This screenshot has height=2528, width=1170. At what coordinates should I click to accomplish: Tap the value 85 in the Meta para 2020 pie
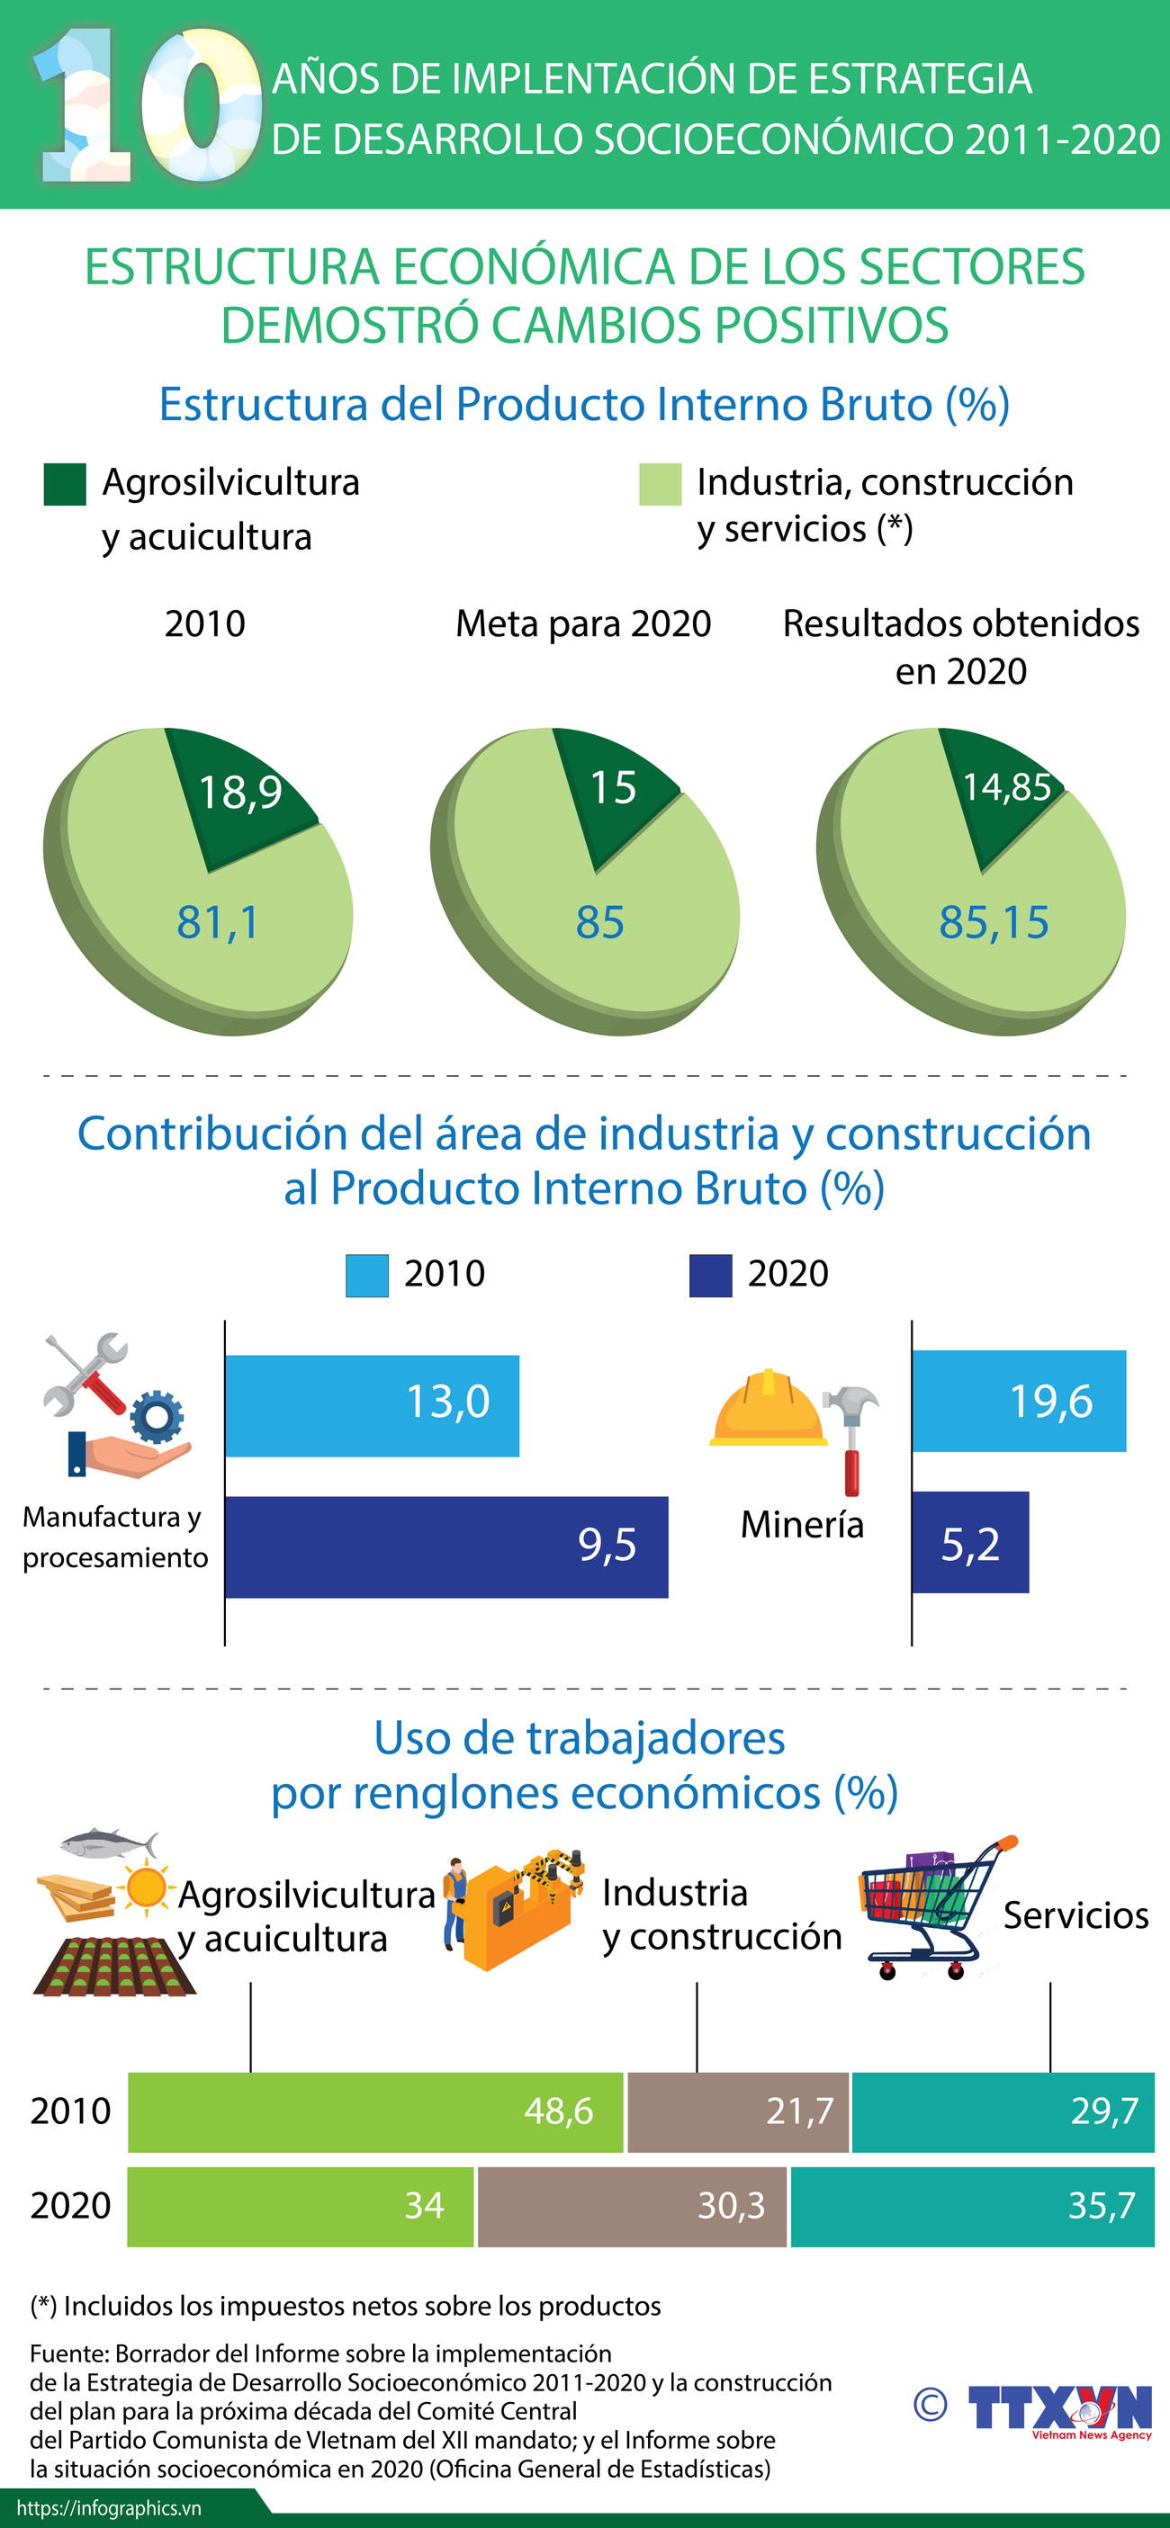click(599, 922)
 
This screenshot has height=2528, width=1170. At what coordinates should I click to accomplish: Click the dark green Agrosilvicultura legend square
click(65, 485)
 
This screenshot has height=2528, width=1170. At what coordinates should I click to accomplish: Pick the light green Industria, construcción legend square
click(660, 485)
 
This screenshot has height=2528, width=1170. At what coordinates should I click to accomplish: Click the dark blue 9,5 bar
click(445, 1546)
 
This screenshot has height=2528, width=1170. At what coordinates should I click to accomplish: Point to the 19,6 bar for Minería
click(1018, 1401)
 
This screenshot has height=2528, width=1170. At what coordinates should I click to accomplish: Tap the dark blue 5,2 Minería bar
click(970, 1542)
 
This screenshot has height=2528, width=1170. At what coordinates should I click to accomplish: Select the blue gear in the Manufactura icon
click(157, 1416)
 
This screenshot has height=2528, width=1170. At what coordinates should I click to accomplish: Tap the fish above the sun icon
click(107, 1843)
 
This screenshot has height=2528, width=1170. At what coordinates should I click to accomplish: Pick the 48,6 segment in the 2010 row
click(375, 2111)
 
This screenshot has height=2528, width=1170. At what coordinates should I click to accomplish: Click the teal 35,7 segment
click(972, 2206)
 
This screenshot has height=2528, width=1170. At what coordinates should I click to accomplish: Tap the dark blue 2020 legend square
click(710, 1276)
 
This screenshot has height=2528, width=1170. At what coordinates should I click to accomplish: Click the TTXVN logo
click(1059, 2409)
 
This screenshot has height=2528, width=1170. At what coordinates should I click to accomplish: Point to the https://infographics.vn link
click(108, 2507)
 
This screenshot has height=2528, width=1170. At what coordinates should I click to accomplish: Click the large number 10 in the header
click(148, 106)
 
